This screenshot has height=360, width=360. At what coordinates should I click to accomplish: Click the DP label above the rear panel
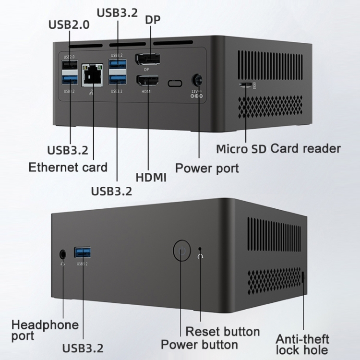point(153,20)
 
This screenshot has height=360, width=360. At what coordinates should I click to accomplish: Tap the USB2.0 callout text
point(69,24)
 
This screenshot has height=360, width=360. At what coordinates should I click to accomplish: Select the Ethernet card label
point(68,167)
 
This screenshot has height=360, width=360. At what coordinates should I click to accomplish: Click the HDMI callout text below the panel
point(151,177)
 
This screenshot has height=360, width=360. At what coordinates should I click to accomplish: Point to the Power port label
point(206,168)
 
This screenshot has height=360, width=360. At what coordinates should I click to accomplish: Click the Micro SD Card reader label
point(278,148)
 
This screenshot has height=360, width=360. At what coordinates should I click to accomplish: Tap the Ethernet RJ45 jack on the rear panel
point(93,75)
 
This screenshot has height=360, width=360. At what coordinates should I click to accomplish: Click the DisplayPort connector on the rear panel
point(147,60)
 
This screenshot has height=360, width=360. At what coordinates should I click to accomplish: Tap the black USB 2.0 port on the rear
point(70,65)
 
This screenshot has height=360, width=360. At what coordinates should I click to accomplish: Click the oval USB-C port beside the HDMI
point(175,84)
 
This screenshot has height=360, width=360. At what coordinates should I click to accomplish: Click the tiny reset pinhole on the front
point(201,248)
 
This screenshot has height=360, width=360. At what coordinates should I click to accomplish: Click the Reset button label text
point(222,331)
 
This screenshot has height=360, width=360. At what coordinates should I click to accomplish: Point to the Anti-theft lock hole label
point(302,344)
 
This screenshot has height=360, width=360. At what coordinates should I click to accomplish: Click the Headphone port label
point(45,330)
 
